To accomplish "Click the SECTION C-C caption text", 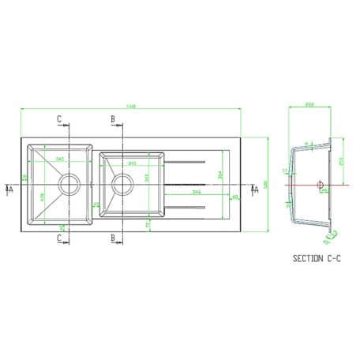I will [316, 258].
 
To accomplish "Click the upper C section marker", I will [60, 119].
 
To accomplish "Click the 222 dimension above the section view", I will [309, 104].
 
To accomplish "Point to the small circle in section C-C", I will [320, 186].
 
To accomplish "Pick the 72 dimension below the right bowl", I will [148, 224].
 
